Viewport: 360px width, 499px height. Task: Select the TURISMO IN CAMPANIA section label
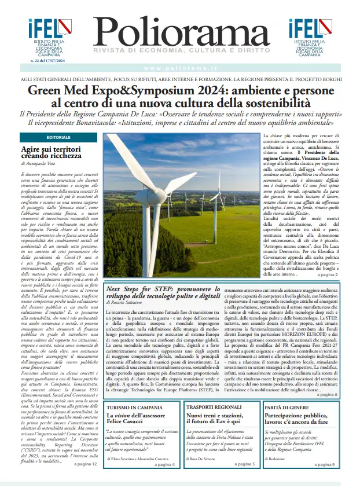pyautogui.click(x=134, y=408)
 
